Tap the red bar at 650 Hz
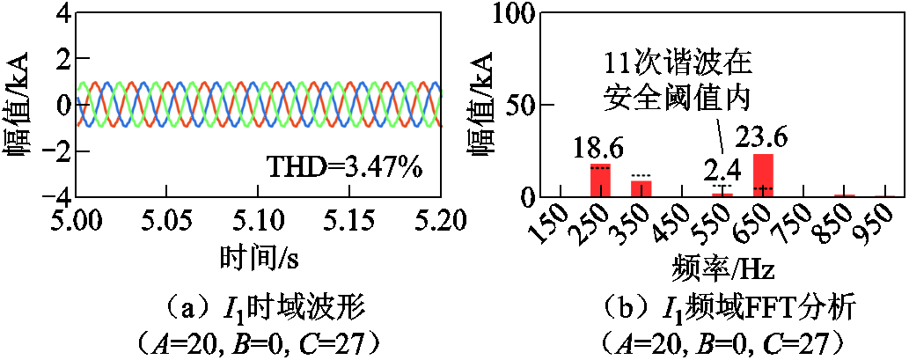pyautogui.click(x=763, y=175)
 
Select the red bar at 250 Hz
pyautogui.click(x=600, y=180)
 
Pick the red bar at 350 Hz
pyautogui.click(x=641, y=188)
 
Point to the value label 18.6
pyautogui.click(x=600, y=148)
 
